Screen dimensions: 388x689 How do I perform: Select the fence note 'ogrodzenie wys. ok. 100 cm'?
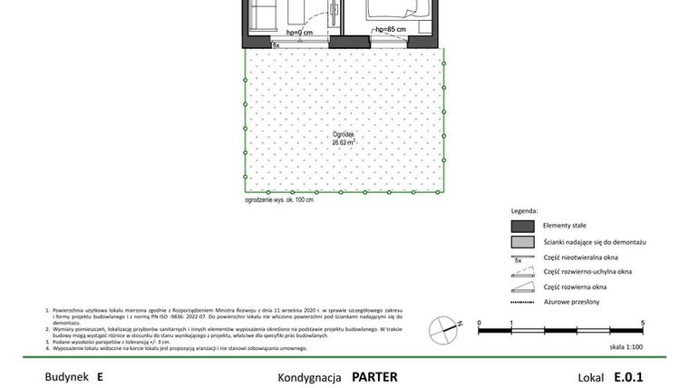pos(279,199)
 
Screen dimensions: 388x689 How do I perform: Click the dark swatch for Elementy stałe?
pos(523,225)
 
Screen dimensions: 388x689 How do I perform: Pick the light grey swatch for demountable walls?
pos(523,242)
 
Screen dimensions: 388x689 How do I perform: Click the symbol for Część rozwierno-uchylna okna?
pos(523,271)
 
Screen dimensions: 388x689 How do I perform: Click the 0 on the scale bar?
pos(479,322)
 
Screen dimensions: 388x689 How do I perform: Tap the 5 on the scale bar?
pos(643,322)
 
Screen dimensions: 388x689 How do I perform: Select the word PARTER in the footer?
pos(374,376)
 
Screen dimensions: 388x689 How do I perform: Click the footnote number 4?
pos(47,348)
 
